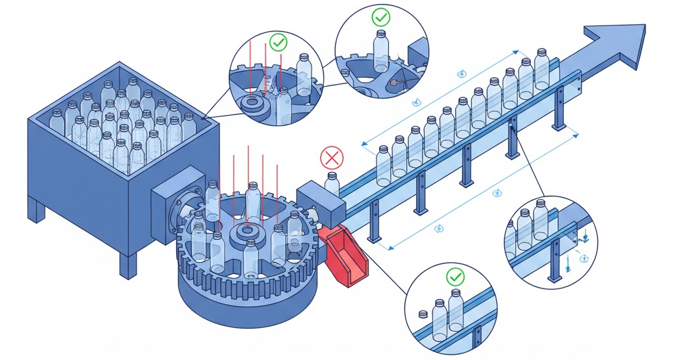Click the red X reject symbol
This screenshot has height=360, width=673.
(x=331, y=158)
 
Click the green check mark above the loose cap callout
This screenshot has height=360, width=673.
(x=454, y=277)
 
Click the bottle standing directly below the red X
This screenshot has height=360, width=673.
(x=333, y=184)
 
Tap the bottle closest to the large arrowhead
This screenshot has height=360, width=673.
(x=541, y=68)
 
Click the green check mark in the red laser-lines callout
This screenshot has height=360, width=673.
(x=279, y=44)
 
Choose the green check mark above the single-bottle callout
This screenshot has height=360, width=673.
(x=380, y=16)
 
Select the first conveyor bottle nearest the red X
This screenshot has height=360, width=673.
(x=383, y=165)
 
